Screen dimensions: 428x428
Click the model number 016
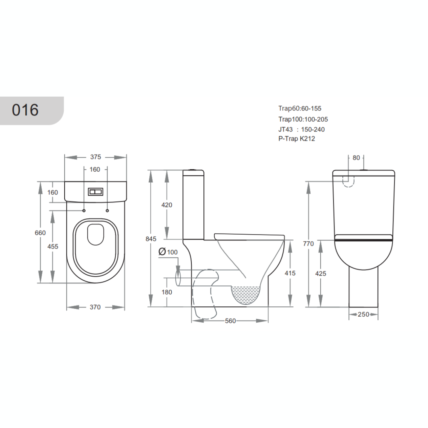(x=25, y=110)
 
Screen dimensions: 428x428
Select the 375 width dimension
(x=96, y=157)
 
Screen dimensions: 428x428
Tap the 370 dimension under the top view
(x=95, y=307)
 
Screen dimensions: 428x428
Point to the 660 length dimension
(x=40, y=233)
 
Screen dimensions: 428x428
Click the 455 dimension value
(x=53, y=246)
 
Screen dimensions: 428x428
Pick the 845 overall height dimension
(x=151, y=239)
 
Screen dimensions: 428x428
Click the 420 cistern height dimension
(x=167, y=205)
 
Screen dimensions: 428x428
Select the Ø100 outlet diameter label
(x=168, y=252)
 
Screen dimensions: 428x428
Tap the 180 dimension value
(x=167, y=292)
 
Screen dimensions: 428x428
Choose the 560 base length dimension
(x=230, y=321)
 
